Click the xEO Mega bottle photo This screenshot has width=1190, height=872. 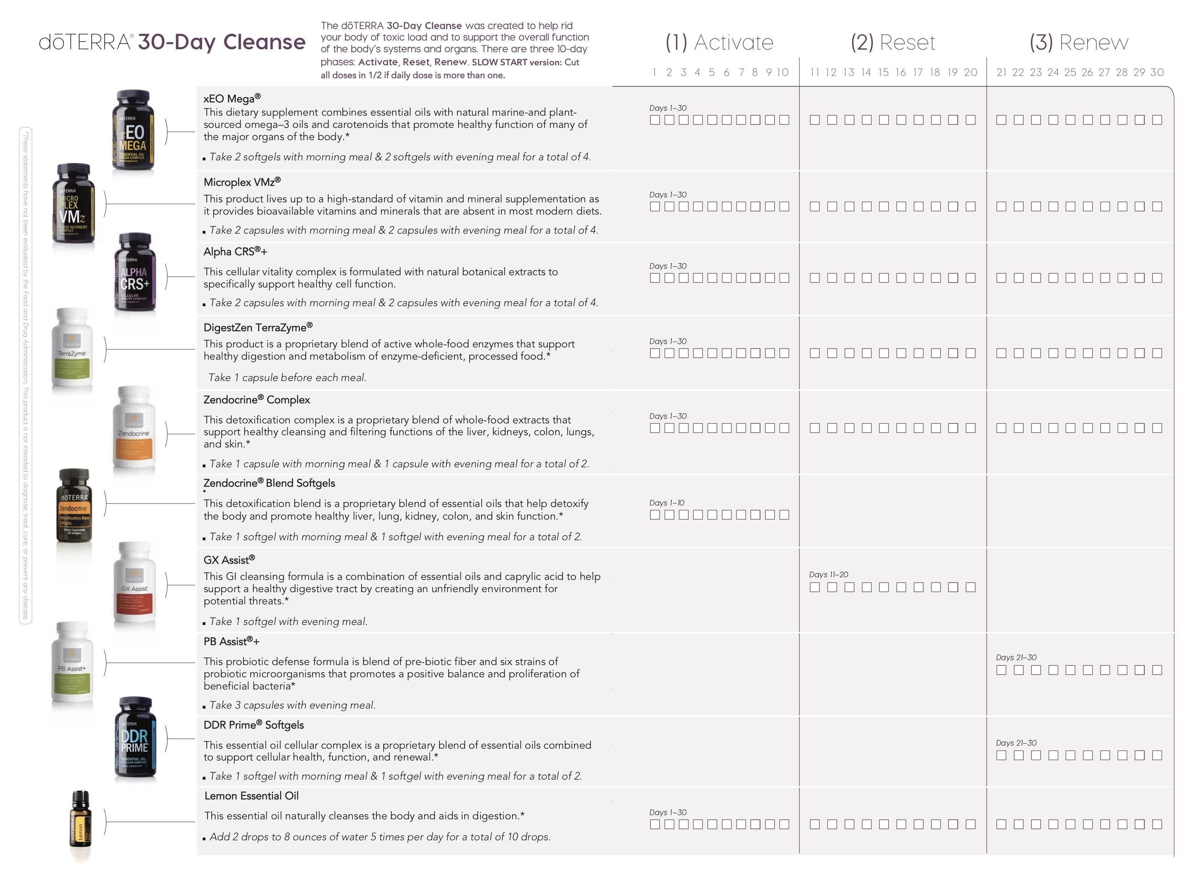pyautogui.click(x=133, y=130)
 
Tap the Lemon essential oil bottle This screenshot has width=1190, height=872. pyautogui.click(x=80, y=825)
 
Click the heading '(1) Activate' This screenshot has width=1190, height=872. pyautogui.click(x=719, y=42)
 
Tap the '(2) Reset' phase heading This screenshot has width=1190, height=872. pyautogui.click(x=893, y=42)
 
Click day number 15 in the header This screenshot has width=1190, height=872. pyautogui.click(x=884, y=72)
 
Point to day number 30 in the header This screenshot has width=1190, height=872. pyautogui.click(x=1157, y=72)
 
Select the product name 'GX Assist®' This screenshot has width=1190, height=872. pyautogui.click(x=229, y=560)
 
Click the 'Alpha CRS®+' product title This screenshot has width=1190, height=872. pyautogui.click(x=235, y=252)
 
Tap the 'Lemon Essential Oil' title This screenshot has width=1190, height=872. pyautogui.click(x=251, y=796)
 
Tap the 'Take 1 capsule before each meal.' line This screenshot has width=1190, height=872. pyautogui.click(x=287, y=378)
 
